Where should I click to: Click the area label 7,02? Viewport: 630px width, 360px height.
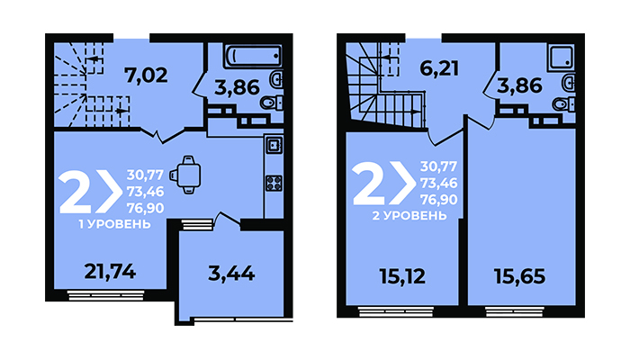point(146,75)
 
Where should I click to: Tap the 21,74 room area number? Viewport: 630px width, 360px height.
point(110,272)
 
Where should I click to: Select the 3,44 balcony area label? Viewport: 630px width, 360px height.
point(231,274)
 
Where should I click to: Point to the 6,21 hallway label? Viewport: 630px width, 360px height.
point(439,68)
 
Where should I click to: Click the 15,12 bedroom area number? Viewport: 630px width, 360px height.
point(402,276)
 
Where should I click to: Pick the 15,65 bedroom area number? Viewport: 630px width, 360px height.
point(520,276)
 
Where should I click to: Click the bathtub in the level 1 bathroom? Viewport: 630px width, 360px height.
point(253,56)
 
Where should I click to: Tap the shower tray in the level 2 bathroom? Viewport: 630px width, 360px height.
point(561,56)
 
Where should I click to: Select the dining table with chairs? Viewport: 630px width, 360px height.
point(185,175)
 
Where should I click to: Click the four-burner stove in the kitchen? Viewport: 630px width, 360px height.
point(274,184)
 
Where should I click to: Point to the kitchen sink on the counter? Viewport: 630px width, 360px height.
point(274,145)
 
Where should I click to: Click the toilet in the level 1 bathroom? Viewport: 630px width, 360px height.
point(272,103)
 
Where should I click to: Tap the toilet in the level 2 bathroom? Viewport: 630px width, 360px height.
point(563,104)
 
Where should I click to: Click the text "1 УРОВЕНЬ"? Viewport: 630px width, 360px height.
point(114,224)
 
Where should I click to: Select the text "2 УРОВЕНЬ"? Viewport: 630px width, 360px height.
point(409,216)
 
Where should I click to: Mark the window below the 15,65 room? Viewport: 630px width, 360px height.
point(515,311)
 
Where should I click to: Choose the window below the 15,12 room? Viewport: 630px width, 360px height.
point(396,311)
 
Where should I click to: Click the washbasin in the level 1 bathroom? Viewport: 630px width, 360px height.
point(277,79)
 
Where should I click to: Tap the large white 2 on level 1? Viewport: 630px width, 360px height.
point(76,193)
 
